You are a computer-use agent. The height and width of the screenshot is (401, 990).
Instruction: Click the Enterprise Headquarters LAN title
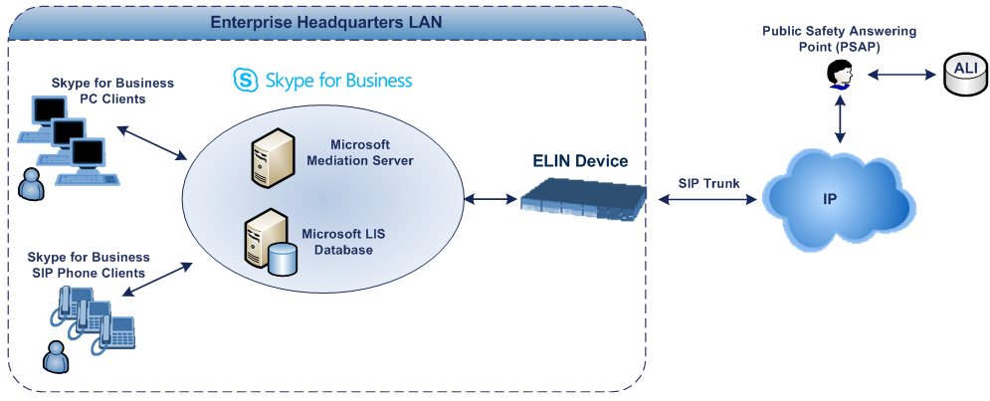pos(327,22)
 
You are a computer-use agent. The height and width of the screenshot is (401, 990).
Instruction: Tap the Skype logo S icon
pos(244,81)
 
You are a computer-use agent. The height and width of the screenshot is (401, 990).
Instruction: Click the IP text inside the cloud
pos(829,199)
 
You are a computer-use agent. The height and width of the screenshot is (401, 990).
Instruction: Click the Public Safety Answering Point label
pos(839,39)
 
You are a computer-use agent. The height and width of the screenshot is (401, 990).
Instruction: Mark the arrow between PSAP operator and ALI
pos(901,75)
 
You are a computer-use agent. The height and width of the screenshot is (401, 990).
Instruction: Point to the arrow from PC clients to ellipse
pos(152,143)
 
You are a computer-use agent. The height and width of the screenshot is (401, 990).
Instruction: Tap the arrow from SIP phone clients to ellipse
pos(156,280)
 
